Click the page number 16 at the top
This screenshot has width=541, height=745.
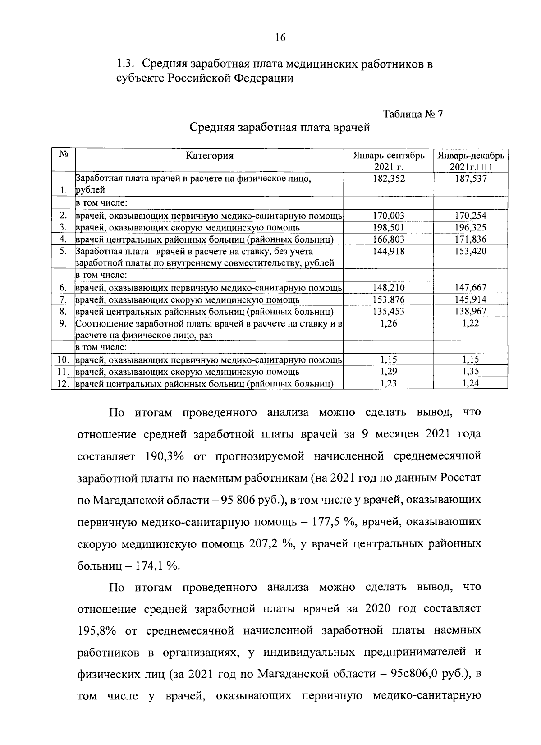280,37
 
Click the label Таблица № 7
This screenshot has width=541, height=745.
413,115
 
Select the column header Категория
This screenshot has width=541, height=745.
210,156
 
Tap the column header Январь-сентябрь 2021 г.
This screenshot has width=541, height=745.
388,161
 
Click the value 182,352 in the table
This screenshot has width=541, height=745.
389,179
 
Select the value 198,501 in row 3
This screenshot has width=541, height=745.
389,228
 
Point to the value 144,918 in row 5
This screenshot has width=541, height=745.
389,251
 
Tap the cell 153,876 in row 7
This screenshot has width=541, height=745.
389,299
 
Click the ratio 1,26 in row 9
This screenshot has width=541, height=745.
389,323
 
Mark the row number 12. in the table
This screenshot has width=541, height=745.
63,384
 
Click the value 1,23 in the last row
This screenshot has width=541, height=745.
389,384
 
